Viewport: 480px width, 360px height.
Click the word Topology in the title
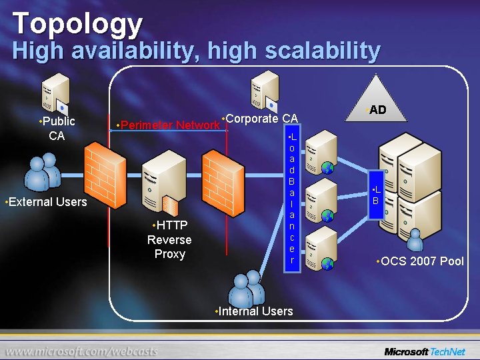(x=77, y=24)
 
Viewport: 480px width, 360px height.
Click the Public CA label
(x=57, y=128)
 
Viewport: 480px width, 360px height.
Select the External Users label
(x=45, y=201)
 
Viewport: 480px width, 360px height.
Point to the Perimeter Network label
(x=167, y=125)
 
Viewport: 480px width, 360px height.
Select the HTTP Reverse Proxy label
(x=169, y=239)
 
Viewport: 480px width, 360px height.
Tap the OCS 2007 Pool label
(x=419, y=261)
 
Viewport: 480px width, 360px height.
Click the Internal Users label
(x=253, y=311)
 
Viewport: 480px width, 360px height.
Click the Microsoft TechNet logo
(x=425, y=351)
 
